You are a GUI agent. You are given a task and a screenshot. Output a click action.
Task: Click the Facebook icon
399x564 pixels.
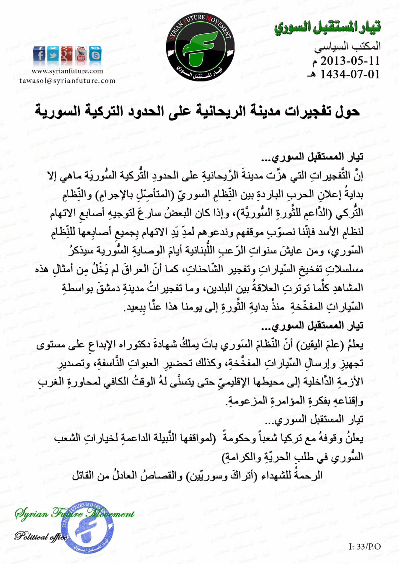39,54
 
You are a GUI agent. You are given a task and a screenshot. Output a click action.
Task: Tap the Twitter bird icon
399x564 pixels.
53,54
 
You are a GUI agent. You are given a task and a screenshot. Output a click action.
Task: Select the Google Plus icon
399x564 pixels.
67,54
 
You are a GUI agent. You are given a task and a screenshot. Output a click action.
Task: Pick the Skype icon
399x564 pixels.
95,54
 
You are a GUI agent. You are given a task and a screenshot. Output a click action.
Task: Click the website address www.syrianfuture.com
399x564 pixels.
67,71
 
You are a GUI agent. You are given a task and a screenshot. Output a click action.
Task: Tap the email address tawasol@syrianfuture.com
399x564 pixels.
67,81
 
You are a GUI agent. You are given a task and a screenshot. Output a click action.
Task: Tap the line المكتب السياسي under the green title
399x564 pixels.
347,47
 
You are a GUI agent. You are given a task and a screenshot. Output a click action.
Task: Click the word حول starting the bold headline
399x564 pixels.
347,111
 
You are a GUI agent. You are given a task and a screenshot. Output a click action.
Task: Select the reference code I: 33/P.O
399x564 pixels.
364,547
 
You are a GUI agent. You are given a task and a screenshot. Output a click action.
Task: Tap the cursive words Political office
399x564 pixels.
41,537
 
